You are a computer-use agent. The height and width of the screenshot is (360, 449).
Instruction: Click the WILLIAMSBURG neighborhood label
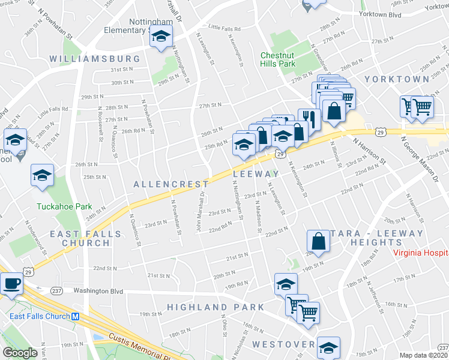(95, 59)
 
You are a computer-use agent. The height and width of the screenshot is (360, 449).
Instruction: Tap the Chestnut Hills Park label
(278, 59)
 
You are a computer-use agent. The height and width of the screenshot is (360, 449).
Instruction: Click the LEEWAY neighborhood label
(256, 173)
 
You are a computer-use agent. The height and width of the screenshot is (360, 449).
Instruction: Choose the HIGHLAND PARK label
(215, 307)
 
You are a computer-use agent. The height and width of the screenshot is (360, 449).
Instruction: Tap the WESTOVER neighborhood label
(284, 344)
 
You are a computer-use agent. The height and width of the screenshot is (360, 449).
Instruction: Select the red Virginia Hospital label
(421, 252)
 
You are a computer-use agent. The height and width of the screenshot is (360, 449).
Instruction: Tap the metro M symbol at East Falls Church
(76, 317)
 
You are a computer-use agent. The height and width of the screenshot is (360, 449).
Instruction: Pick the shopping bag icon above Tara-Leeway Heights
(318, 241)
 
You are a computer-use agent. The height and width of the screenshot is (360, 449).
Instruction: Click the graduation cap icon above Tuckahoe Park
(42, 175)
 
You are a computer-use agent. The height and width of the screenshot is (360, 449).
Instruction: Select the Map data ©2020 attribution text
(424, 355)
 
